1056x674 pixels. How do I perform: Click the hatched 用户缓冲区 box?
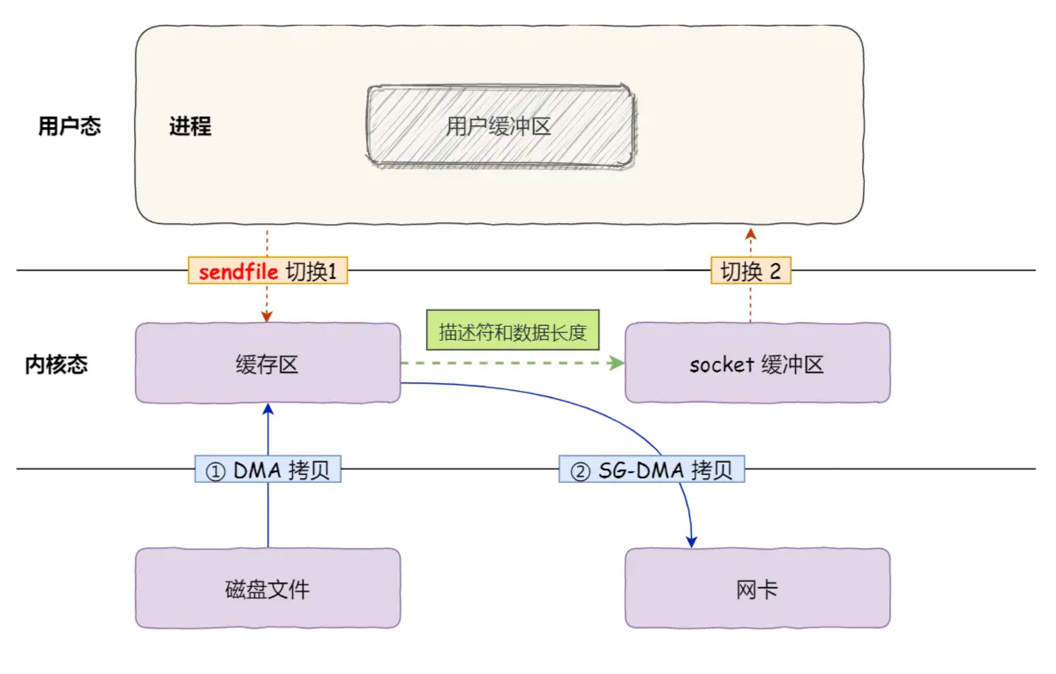(500, 126)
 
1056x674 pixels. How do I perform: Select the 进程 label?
(190, 126)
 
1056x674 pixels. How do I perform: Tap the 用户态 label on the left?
(69, 126)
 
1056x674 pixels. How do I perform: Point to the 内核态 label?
(56, 364)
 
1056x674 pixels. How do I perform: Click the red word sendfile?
(238, 272)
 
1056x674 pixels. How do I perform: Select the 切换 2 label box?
(750, 271)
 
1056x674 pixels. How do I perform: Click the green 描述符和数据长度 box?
(512, 331)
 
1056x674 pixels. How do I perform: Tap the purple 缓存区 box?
(267, 364)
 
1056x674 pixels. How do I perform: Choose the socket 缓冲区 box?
(756, 364)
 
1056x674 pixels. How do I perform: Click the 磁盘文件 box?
(267, 589)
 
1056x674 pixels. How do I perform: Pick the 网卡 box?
(756, 589)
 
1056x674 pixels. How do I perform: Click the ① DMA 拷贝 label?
(267, 470)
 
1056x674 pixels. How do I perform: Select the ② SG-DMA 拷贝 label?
(651, 470)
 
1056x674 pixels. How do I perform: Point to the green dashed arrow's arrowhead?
(616, 363)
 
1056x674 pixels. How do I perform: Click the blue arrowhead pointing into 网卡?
(691, 541)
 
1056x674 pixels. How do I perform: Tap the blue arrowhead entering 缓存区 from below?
(268, 410)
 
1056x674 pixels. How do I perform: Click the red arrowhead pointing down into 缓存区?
(267, 316)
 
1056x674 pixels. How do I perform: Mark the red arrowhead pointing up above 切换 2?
(750, 234)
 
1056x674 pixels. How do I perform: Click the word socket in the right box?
(721, 364)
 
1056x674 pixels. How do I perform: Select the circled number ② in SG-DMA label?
(580, 472)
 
